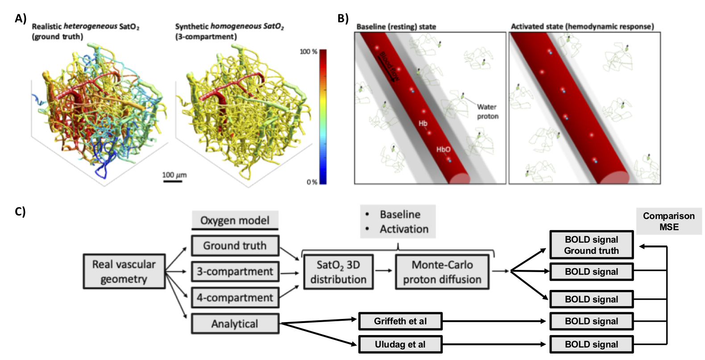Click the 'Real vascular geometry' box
124,271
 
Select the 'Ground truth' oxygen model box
235,245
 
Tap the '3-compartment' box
235,271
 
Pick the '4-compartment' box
235,298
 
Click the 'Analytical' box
235,324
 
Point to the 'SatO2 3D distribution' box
338,272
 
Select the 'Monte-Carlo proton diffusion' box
442,272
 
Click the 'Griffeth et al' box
400,321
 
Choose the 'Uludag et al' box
400,344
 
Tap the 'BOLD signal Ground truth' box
591,245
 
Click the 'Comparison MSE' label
668,221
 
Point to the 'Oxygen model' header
235,220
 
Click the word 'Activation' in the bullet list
404,229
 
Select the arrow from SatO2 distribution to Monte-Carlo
384,270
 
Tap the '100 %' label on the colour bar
308,52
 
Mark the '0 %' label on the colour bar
311,182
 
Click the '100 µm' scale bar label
174,175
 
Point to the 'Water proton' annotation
487,112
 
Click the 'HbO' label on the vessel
443,149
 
